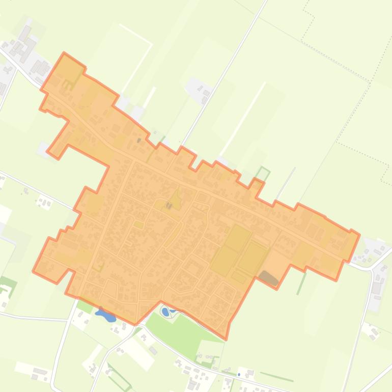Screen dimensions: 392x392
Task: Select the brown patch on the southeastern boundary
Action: [268, 278]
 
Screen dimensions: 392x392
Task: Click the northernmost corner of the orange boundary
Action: [64, 53]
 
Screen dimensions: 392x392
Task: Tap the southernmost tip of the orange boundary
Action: [226, 339]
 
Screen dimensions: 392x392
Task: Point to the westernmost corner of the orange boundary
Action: [34, 271]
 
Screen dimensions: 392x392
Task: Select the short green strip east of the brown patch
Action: [301, 283]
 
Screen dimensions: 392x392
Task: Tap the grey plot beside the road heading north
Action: [199, 89]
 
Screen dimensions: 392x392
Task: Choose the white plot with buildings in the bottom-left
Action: [37, 372]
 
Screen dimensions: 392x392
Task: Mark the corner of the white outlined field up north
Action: [152, 43]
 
